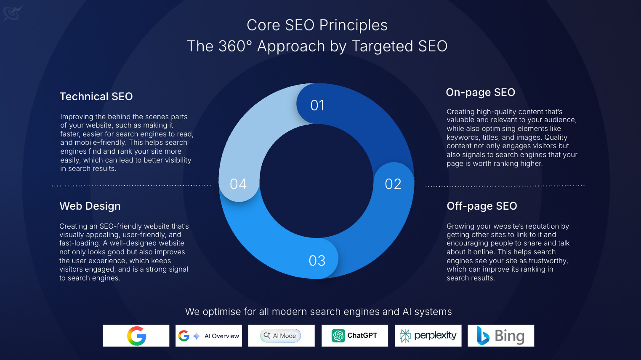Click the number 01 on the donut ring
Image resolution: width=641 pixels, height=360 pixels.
point(317,105)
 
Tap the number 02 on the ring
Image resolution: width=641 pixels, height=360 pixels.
point(393,184)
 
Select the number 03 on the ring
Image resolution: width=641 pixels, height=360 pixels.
point(317,261)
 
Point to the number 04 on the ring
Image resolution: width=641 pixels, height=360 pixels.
point(238,184)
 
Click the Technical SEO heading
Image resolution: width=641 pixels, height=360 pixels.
point(96,96)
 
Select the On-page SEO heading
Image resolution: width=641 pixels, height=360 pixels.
point(480,92)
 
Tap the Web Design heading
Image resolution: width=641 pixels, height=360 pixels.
point(90,206)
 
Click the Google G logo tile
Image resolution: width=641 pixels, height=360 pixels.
point(136,336)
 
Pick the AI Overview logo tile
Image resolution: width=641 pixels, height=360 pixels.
point(209,336)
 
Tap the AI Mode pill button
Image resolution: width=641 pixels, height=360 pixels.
point(281,336)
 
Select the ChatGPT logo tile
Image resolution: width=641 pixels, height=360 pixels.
point(354,336)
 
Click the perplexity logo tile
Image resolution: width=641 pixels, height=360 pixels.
point(428,336)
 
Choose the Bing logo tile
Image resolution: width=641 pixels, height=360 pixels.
point(501,336)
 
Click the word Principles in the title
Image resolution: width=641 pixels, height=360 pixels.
point(353,25)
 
